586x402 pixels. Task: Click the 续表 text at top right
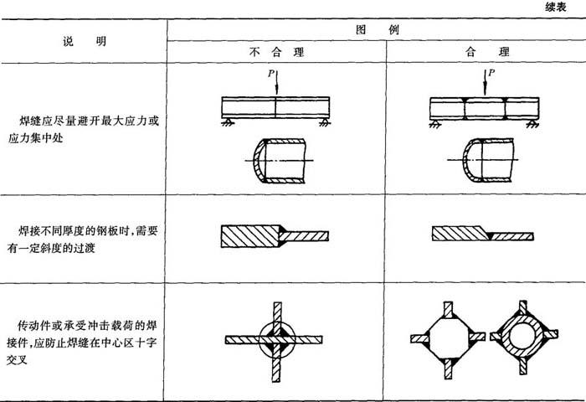(555, 7)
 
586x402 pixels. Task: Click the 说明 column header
(85, 41)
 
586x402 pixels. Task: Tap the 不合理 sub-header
(276, 52)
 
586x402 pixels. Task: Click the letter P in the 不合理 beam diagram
(271, 74)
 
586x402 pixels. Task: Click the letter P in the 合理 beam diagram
(491, 73)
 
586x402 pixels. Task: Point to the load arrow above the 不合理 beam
(276, 82)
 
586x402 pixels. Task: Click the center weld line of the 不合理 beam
(275, 108)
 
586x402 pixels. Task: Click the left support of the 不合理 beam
(227, 121)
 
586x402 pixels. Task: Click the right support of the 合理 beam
(532, 124)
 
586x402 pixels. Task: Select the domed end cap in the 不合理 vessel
(258, 161)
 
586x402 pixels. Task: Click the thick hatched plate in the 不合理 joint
(250, 236)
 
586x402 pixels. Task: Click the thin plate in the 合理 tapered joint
(511, 236)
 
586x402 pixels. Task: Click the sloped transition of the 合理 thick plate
(485, 229)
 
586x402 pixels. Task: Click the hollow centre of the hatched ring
(522, 335)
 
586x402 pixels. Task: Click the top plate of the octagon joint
(448, 310)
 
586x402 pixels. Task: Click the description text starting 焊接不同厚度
(82, 240)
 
